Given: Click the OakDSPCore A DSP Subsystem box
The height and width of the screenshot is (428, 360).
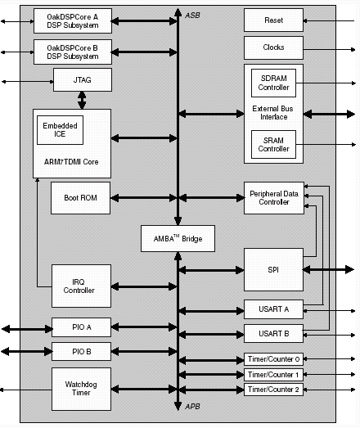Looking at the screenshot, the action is [x=73, y=21].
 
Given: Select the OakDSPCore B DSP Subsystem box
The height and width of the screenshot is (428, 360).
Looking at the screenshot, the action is [x=73, y=52].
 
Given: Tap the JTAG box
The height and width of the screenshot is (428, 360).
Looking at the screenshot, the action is [x=83, y=79].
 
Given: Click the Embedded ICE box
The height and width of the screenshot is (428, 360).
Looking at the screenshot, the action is [x=60, y=130].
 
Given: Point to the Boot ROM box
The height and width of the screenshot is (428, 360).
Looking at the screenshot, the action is [x=80, y=198].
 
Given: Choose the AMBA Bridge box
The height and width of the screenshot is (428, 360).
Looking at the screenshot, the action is [x=178, y=239].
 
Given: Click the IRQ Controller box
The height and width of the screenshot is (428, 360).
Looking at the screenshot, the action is [x=81, y=286].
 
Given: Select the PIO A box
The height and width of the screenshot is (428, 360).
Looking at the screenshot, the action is [x=81, y=327].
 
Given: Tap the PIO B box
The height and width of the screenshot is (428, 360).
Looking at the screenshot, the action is [x=81, y=352].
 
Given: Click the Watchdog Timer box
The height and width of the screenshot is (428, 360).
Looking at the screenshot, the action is [x=81, y=389].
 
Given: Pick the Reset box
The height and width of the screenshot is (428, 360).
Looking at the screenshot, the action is [x=273, y=20].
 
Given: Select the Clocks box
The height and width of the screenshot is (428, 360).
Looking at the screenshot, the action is [x=273, y=47].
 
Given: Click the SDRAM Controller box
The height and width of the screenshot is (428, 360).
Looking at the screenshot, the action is [x=273, y=83].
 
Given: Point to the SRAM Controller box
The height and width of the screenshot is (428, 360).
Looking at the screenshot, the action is [x=273, y=144].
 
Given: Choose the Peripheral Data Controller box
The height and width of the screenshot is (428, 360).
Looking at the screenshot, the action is [x=274, y=198].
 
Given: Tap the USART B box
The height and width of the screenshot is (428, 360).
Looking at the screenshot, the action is [x=273, y=334].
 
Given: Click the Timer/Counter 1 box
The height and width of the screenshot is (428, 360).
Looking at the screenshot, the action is [x=273, y=375].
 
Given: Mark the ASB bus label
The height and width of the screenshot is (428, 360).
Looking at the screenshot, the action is [x=193, y=16].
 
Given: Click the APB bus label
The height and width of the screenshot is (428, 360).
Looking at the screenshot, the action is [x=193, y=407].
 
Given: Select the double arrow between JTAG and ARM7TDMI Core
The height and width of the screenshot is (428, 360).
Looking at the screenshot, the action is [x=82, y=100].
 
